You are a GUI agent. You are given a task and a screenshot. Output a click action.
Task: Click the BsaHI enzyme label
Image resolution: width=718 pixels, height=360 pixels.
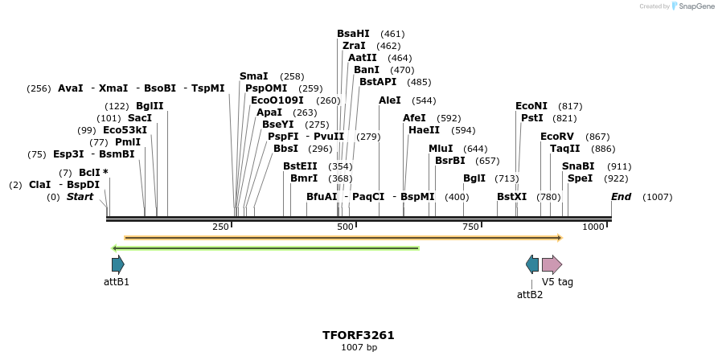[353, 34]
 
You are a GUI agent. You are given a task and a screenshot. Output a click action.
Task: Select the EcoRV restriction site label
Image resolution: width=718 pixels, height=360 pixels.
[556, 137]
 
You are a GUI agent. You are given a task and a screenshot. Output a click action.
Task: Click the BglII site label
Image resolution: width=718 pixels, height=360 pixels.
[150, 106]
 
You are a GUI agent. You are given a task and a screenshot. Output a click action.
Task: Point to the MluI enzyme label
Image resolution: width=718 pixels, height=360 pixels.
[441, 149]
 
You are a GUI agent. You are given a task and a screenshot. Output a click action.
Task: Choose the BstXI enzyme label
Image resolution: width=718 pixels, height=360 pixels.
[511, 197]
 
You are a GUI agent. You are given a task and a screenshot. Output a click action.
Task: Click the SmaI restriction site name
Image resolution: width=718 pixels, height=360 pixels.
[253, 76]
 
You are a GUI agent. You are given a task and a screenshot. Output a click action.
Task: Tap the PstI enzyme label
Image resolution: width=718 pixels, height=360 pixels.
[532, 118]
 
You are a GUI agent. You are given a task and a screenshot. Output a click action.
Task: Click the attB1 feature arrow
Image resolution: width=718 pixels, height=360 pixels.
[118, 264]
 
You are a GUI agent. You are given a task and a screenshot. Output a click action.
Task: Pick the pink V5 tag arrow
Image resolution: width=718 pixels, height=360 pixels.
[552, 264]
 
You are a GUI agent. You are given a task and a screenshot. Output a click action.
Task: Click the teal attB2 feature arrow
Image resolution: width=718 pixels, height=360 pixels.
[532, 264]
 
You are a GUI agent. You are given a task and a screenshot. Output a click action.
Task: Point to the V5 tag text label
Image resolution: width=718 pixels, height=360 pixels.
[557, 282]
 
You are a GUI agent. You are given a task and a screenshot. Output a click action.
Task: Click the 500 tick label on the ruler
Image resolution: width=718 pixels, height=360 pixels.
[346, 227]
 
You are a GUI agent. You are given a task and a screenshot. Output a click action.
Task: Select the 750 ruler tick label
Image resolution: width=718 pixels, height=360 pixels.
[471, 227]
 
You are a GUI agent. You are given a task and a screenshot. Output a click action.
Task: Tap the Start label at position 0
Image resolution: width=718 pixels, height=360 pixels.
[80, 197]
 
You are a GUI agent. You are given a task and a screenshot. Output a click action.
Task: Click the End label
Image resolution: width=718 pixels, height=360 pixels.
[621, 197]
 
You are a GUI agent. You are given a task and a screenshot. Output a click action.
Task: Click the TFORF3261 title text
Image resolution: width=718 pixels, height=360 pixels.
[359, 334]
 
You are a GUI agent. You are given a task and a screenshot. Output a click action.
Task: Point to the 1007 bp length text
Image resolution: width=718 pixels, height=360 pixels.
[359, 347]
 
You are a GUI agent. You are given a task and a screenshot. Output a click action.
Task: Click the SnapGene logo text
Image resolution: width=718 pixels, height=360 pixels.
[696, 6]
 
